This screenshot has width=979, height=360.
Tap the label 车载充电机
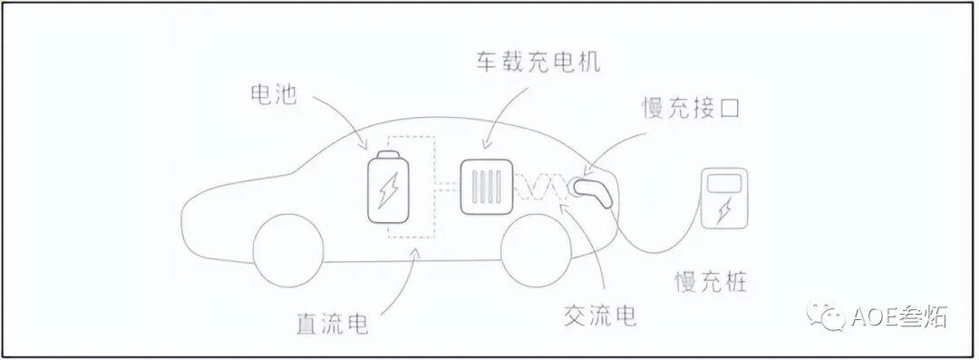538,63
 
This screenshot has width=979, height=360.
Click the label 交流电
599,315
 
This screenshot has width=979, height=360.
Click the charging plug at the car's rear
592,189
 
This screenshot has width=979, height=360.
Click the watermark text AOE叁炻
898,317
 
